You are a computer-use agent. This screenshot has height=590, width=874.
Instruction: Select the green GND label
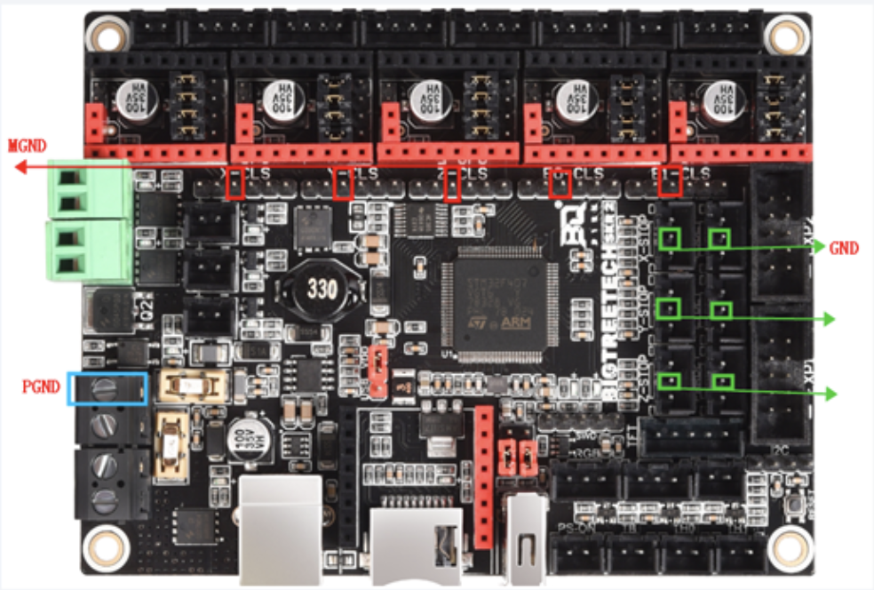coord(843,248)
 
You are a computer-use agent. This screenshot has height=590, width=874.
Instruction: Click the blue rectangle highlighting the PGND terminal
coord(107,388)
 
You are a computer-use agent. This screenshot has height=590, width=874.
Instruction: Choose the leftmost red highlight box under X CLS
coord(235,182)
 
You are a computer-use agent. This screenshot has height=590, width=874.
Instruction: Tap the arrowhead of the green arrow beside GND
coord(818,248)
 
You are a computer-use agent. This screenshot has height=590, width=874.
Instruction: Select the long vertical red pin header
coord(484,474)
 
